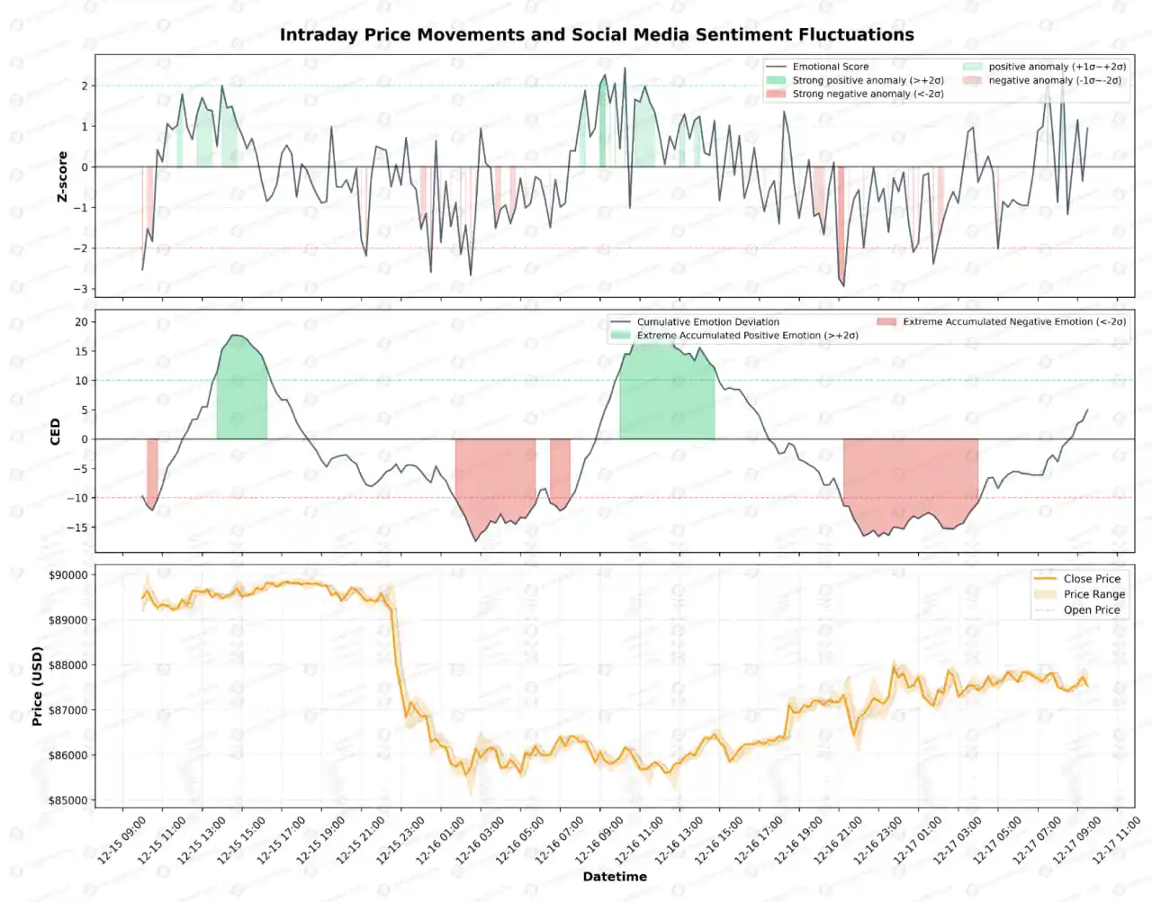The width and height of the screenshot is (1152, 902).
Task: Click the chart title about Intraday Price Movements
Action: point(597,35)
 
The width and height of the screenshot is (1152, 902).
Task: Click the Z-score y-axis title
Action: point(62,176)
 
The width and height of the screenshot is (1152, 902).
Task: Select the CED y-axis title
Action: point(55,431)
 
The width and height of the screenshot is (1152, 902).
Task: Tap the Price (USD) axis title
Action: point(37,686)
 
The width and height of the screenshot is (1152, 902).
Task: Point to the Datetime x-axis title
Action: point(615,877)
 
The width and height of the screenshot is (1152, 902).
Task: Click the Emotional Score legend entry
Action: point(830,67)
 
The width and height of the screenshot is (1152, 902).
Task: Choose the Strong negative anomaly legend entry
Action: point(867,94)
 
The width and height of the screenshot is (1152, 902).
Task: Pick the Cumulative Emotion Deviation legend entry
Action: point(707,321)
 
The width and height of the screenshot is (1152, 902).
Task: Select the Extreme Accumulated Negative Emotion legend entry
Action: point(1013,321)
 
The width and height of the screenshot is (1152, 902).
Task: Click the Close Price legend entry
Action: point(1092,579)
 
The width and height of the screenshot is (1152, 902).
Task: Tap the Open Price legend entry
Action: point(1092,609)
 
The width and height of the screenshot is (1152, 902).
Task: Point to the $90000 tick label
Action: point(68,575)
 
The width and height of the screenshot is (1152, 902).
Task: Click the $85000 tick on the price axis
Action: point(68,800)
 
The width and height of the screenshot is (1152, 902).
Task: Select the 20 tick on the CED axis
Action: point(81,322)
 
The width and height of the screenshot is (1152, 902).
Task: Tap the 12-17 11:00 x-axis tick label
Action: point(1117,840)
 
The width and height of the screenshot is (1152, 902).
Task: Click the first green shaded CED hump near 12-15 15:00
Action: point(241,396)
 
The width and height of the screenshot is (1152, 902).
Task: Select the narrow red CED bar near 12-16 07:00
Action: point(560,470)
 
